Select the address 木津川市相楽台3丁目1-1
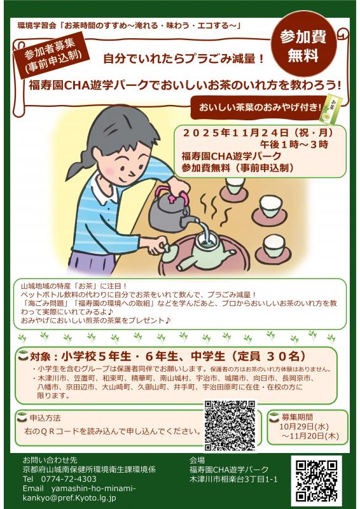233,478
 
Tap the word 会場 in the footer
197,459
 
